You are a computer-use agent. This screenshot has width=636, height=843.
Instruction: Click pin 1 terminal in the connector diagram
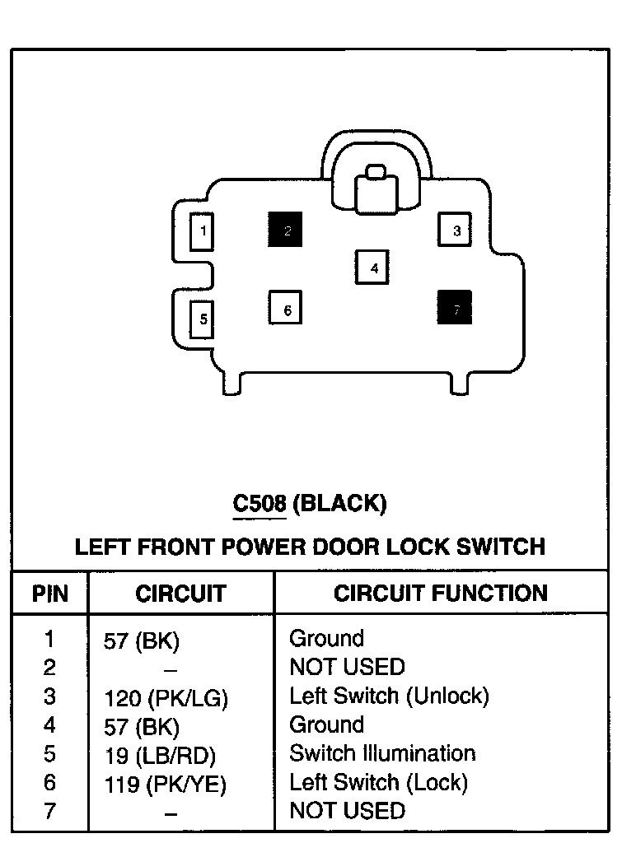(x=202, y=231)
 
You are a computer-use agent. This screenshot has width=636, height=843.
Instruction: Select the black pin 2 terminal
(x=285, y=230)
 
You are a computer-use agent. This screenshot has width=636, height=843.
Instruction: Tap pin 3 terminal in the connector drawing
(x=456, y=231)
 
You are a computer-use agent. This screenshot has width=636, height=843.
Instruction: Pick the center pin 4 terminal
(x=372, y=267)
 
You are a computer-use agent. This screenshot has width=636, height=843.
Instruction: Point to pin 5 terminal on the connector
(x=203, y=319)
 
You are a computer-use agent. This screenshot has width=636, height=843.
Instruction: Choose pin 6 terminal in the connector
(x=285, y=309)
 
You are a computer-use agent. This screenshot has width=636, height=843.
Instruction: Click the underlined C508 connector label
(x=259, y=503)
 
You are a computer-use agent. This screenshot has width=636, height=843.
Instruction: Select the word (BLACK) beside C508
(x=339, y=503)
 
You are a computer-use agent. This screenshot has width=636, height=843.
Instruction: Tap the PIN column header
(x=50, y=594)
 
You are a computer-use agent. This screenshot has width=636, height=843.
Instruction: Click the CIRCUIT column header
(x=180, y=594)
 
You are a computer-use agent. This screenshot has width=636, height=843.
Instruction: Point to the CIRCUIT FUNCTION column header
(x=440, y=594)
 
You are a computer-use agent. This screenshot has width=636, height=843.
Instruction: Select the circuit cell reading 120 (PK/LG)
(x=166, y=699)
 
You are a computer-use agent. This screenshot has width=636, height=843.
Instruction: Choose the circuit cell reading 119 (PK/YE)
(x=165, y=784)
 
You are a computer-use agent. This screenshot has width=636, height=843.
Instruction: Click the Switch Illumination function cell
(x=382, y=753)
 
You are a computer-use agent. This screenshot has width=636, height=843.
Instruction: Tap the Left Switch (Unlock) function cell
(x=389, y=696)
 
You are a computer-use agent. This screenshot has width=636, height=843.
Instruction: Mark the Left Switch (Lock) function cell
(x=378, y=782)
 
